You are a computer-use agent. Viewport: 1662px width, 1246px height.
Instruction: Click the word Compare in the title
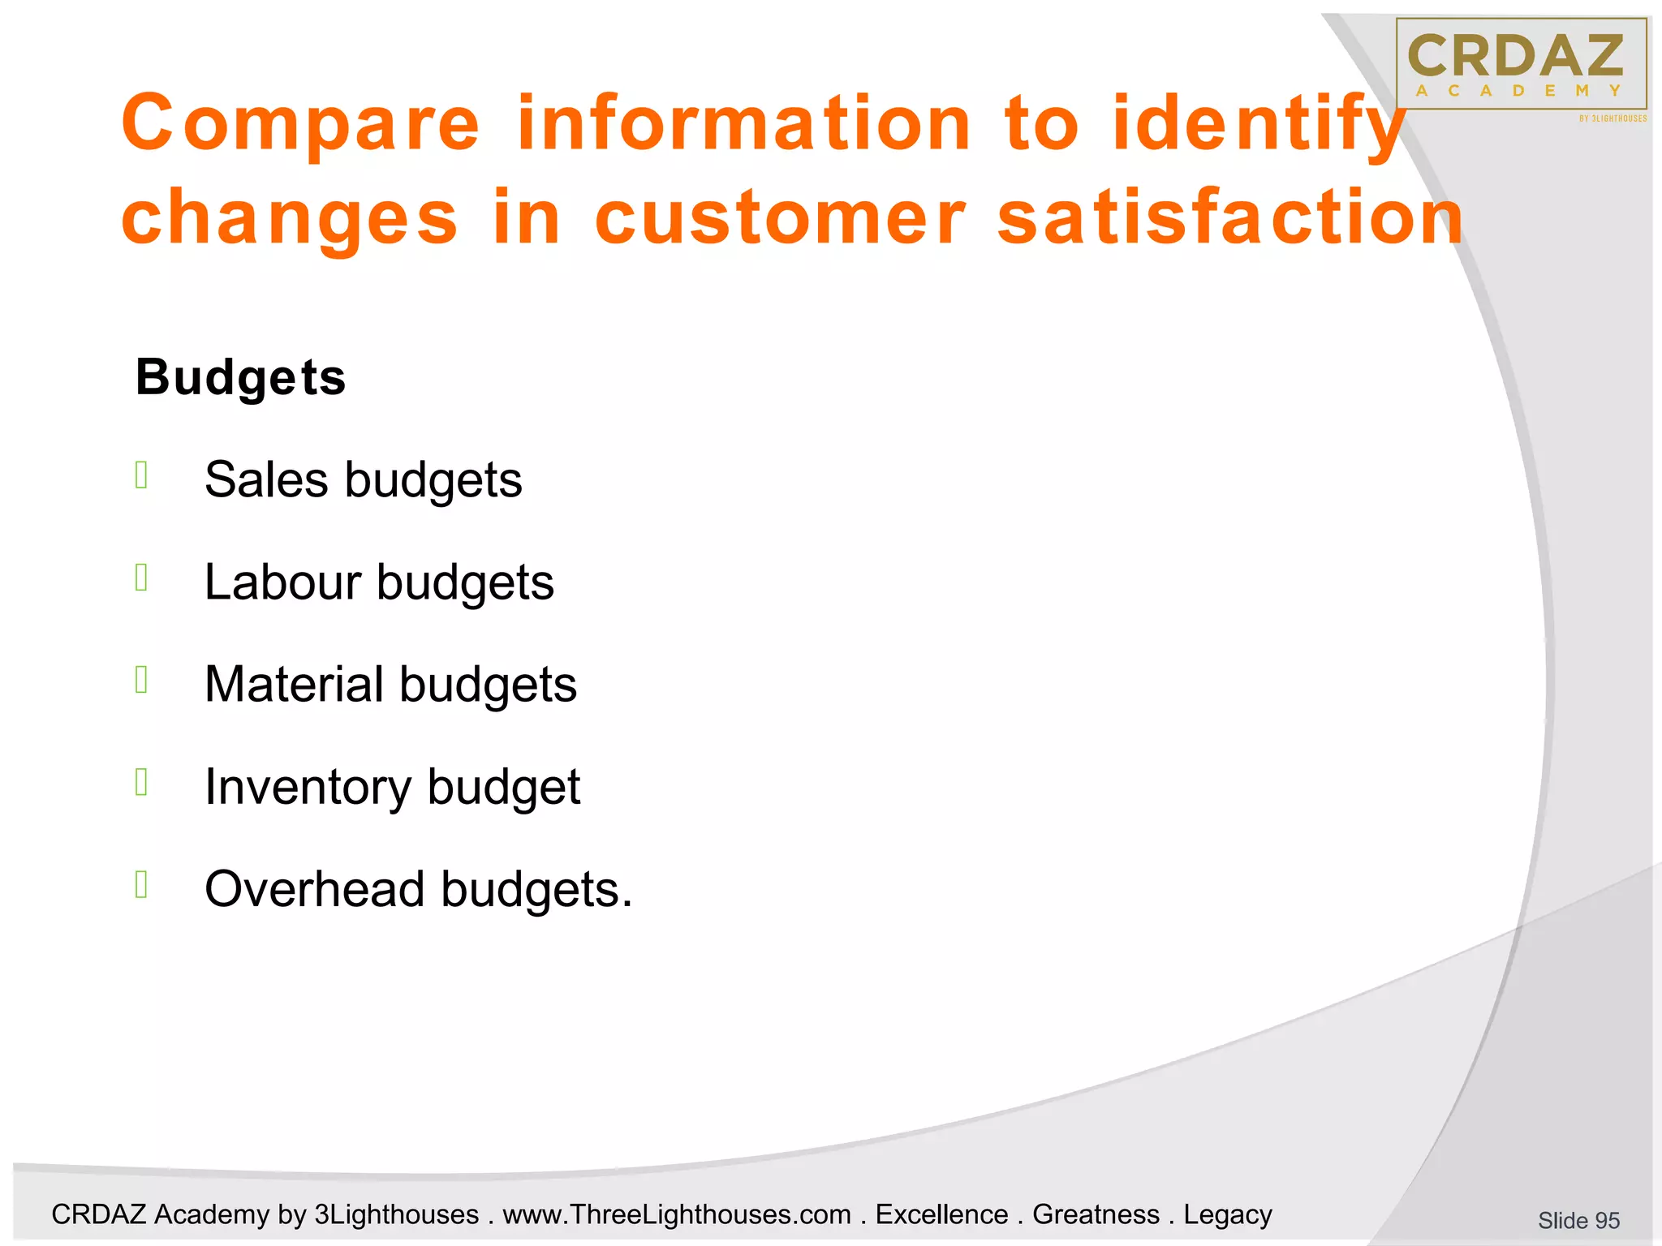coord(301,123)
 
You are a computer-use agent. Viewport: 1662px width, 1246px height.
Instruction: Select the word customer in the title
coord(780,217)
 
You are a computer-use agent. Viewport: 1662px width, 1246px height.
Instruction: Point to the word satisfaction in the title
coord(1229,217)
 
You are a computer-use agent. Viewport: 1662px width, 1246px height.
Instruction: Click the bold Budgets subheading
coord(240,377)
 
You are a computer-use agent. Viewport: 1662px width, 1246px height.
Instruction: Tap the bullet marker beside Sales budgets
coord(141,475)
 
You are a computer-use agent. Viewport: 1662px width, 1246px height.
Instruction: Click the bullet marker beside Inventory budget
coord(141,782)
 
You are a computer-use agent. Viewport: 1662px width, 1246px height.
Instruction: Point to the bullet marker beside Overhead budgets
coord(141,884)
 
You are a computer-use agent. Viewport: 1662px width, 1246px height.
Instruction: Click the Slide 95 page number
coord(1578,1220)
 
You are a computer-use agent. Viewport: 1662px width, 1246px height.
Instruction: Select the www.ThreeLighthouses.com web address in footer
coord(676,1214)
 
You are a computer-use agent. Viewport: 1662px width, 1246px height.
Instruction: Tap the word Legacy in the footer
coord(1227,1214)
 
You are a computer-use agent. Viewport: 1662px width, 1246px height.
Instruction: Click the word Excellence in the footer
coord(941,1214)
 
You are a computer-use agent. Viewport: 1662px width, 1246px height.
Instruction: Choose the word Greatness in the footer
coord(1096,1214)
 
